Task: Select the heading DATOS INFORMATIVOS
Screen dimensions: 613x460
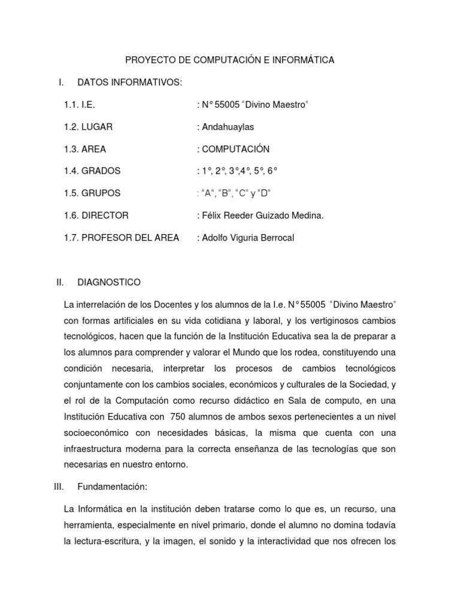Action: (x=129, y=82)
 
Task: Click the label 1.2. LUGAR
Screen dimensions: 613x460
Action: (x=88, y=127)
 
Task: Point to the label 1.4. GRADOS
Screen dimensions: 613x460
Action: (x=92, y=171)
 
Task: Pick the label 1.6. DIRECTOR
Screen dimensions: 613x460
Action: (x=96, y=216)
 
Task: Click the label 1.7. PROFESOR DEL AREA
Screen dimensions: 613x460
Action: (x=121, y=238)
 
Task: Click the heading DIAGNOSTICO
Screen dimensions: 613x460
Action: (x=110, y=282)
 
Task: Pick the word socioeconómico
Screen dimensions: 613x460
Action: (x=98, y=432)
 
